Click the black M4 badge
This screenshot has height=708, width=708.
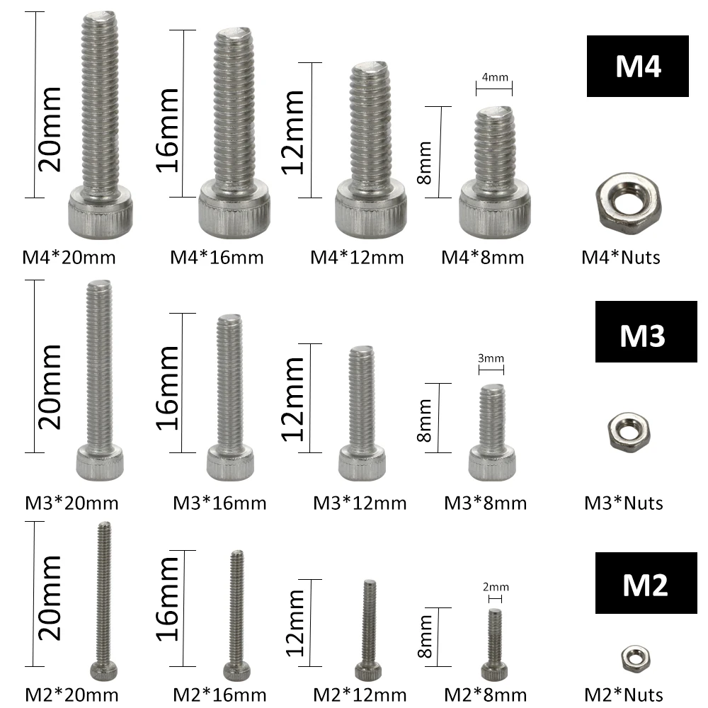[x=637, y=66]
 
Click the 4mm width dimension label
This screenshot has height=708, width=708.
[x=493, y=77]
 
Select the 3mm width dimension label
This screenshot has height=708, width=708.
[x=491, y=359]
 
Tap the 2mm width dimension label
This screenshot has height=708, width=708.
[x=496, y=587]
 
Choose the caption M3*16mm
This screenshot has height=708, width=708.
[x=219, y=503]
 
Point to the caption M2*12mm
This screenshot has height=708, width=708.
[x=360, y=695]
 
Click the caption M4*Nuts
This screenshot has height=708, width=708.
[x=621, y=256]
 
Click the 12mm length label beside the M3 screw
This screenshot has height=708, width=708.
[x=292, y=398]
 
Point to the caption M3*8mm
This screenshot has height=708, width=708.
[x=486, y=503]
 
